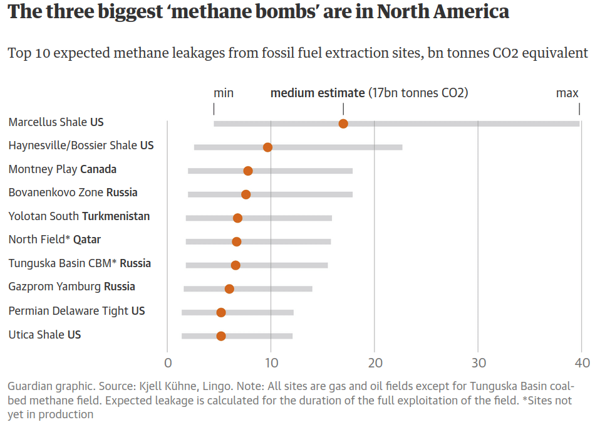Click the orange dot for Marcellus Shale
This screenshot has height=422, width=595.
point(343,124)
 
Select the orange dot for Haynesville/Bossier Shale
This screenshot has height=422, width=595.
point(267,147)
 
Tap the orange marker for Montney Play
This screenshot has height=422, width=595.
point(248,171)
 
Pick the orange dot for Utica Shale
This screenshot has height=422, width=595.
point(221,336)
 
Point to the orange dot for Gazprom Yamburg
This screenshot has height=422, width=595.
point(229,289)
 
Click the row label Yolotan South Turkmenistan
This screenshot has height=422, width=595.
point(79,216)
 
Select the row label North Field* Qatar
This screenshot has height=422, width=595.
point(54,240)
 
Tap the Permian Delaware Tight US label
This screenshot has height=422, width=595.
point(76,311)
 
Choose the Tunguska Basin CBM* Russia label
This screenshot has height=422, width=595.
point(80,263)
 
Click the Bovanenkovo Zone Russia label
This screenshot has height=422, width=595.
point(73,193)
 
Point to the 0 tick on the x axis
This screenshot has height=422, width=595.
point(167,363)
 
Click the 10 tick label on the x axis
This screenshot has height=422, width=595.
point(271,363)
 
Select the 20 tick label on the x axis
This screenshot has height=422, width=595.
point(374,363)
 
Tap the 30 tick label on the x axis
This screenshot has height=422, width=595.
point(478,363)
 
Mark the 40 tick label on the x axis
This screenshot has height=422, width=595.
point(582,363)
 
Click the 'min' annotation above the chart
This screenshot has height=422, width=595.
point(224,93)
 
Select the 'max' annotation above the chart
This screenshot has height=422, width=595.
point(567,93)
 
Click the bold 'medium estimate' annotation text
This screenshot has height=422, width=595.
point(317,93)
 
